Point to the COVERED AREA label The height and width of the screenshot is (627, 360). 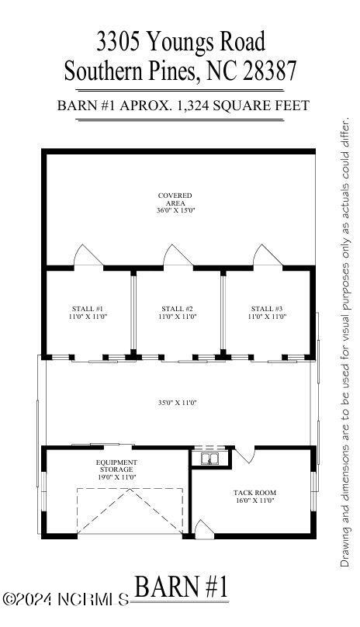coord(175,199)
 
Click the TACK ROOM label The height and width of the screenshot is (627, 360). coord(254,493)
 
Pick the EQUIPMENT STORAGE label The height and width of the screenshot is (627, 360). coord(116,466)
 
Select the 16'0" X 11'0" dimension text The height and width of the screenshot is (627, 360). coord(254,501)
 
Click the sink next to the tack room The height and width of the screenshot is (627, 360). coord(209,459)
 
